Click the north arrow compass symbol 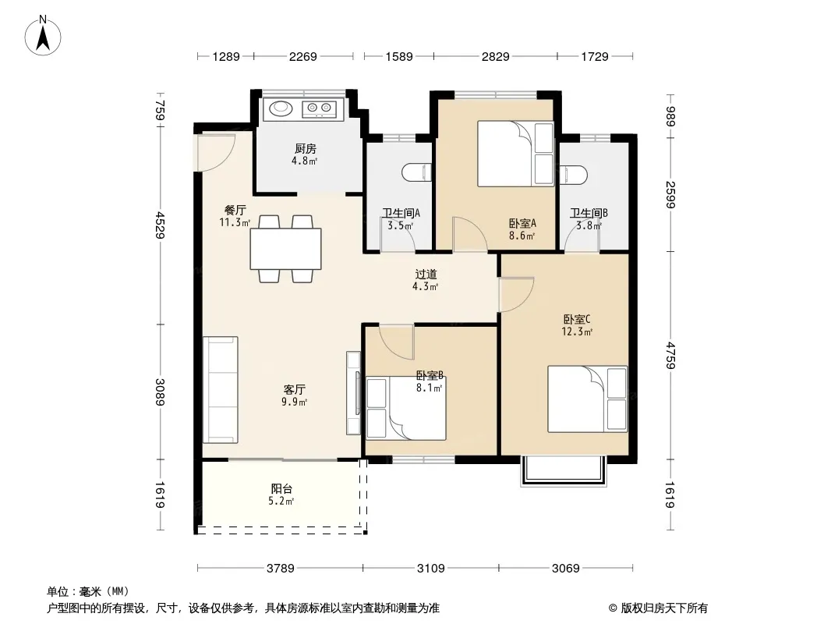click(x=43, y=36)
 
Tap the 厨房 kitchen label click(x=306, y=149)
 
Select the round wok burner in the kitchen click(x=281, y=108)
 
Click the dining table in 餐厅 click(x=285, y=249)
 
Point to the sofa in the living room click(x=221, y=390)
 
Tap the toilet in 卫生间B click(x=574, y=175)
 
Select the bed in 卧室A click(x=515, y=154)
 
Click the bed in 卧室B click(x=406, y=408)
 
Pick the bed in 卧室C click(x=587, y=399)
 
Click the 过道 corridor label click(x=426, y=275)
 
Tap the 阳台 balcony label click(x=281, y=489)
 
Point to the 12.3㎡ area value click(x=577, y=332)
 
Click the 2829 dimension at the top click(x=495, y=56)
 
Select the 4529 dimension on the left click(x=160, y=225)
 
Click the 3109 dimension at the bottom click(x=430, y=569)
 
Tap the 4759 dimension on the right click(x=670, y=355)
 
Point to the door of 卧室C click(x=515, y=294)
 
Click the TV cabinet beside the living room click(x=353, y=393)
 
